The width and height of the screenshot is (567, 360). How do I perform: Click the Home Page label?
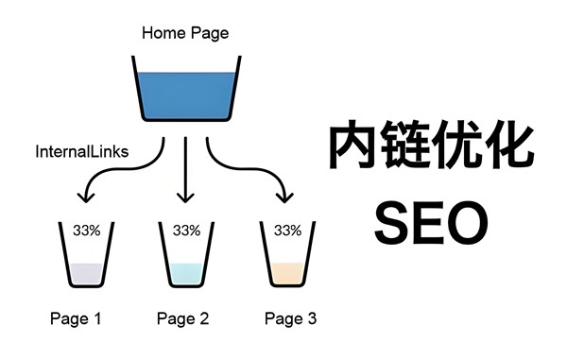[x=185, y=33]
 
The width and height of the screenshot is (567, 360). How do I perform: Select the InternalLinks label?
[x=82, y=151]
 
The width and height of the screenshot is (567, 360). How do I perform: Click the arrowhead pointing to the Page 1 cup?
[x=86, y=197]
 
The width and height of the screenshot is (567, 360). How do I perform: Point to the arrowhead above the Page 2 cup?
[x=185, y=197]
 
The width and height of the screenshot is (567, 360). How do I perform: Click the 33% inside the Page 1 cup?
[x=86, y=230]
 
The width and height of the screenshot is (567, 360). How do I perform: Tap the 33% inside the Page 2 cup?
[x=186, y=230]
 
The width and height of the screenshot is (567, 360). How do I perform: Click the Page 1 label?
[x=76, y=318]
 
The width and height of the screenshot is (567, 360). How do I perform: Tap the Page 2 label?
[x=183, y=318]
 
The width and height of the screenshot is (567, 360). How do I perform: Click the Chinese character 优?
[x=459, y=146]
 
